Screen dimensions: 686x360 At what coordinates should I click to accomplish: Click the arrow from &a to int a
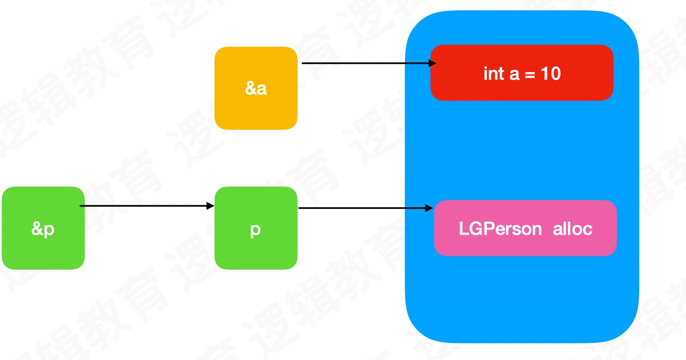click(366, 63)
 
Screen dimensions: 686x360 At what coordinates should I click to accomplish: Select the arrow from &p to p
click(146, 206)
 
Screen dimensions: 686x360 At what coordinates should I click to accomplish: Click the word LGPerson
click(500, 229)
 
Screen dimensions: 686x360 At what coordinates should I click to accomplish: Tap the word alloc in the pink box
click(573, 229)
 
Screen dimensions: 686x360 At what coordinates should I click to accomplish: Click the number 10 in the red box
click(550, 74)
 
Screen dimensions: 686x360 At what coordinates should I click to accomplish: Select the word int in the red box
click(493, 74)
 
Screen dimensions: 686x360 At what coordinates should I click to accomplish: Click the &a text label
click(256, 89)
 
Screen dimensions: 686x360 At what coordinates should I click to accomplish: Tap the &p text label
click(43, 229)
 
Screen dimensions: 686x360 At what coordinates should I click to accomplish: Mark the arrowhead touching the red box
click(432, 63)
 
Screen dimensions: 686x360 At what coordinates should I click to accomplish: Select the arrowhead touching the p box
click(211, 206)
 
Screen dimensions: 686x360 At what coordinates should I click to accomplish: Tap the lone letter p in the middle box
click(256, 230)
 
